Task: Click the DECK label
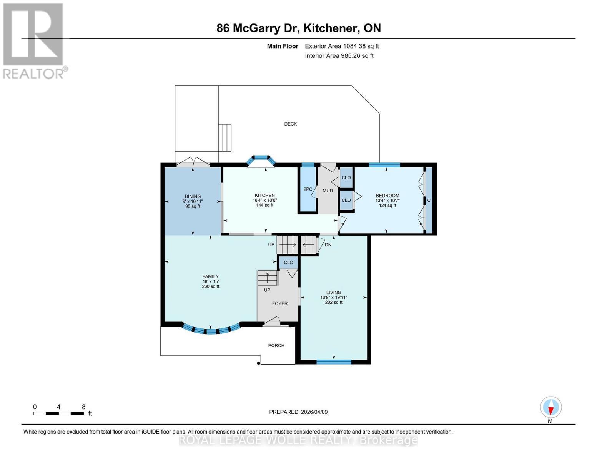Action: tap(290, 124)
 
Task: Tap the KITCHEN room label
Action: tap(264, 196)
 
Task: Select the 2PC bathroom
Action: tap(308, 189)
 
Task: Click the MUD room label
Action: tap(328, 191)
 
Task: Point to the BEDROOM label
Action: tap(387, 196)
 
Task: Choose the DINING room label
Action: tap(193, 196)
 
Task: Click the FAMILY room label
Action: tap(210, 276)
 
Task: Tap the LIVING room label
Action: tap(333, 293)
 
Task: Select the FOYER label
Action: tap(279, 303)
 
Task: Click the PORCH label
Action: tap(276, 345)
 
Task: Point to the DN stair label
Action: tap(328, 245)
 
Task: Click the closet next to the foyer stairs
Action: tap(288, 263)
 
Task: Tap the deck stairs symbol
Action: tap(225, 137)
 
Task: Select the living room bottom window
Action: tap(334, 362)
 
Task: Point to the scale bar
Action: tap(58, 413)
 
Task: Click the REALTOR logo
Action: tap(34, 40)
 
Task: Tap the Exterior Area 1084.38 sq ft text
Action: tap(342, 46)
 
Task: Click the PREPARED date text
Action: tap(298, 412)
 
